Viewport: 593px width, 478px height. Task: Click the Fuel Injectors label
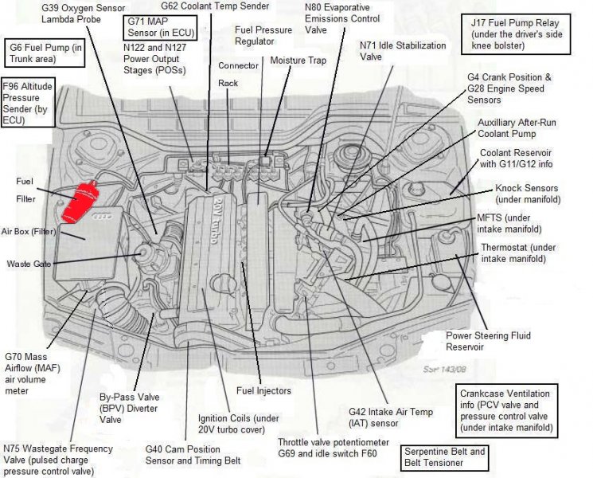pos(263,391)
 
